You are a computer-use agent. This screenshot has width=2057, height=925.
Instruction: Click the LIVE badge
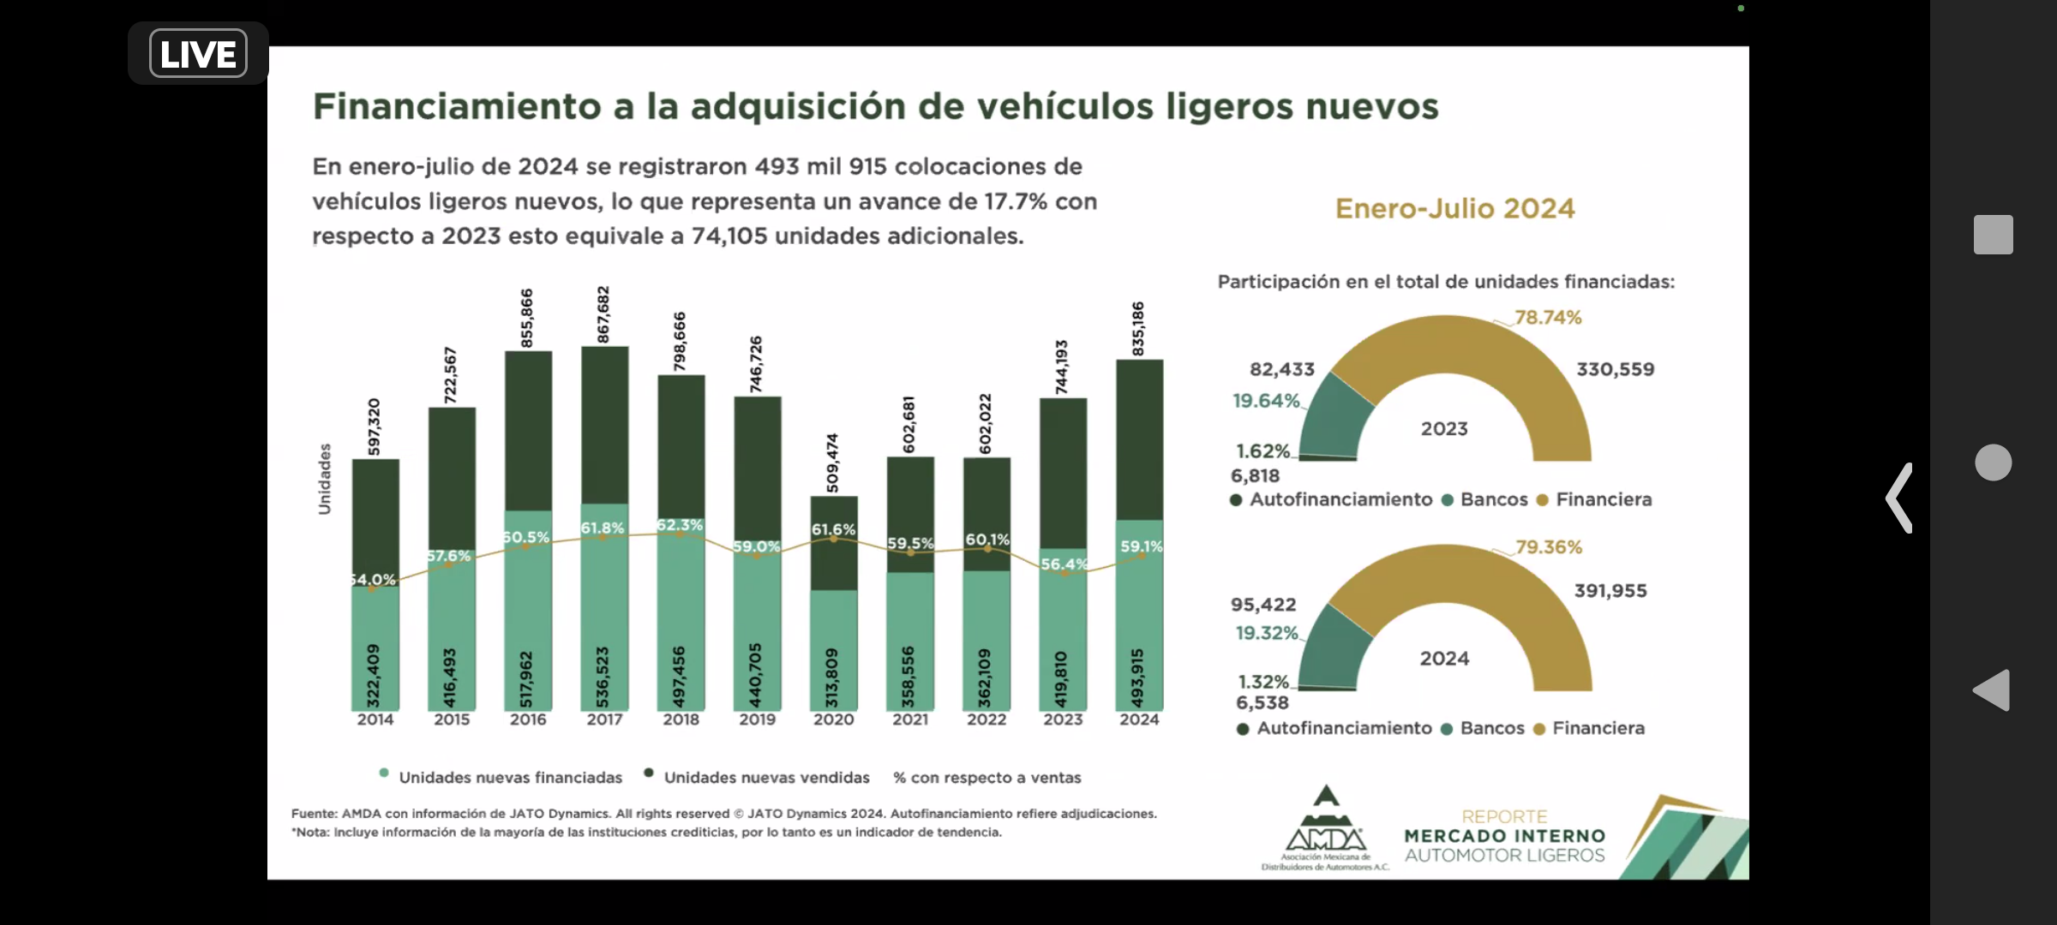pyautogui.click(x=198, y=53)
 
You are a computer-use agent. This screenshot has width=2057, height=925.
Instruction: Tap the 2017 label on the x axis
pyautogui.click(x=604, y=719)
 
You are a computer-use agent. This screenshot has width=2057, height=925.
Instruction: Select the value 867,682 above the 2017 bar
pyautogui.click(x=603, y=314)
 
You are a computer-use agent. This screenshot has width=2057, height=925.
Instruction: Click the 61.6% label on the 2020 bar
pyautogui.click(x=833, y=529)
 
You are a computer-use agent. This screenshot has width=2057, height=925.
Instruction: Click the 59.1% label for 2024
pyautogui.click(x=1141, y=546)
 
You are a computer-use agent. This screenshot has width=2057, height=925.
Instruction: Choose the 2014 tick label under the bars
pyautogui.click(x=375, y=719)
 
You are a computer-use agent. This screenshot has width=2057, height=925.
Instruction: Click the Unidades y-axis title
pyautogui.click(x=325, y=479)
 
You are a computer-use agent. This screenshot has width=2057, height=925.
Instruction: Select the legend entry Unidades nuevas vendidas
pyautogui.click(x=766, y=778)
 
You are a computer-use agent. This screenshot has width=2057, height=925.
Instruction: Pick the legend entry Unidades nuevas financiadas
pyautogui.click(x=510, y=778)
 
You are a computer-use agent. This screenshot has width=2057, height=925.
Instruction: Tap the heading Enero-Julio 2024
pyautogui.click(x=1454, y=209)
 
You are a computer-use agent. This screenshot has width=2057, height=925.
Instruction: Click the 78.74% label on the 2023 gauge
pyautogui.click(x=1548, y=318)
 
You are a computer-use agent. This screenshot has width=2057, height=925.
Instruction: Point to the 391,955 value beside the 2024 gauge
pyautogui.click(x=1610, y=591)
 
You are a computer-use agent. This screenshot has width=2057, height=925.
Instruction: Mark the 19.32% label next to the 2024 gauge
pyautogui.click(x=1267, y=633)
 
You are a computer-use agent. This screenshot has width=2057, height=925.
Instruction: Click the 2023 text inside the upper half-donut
pyautogui.click(x=1444, y=429)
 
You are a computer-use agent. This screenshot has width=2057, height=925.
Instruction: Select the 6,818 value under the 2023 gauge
pyautogui.click(x=1255, y=476)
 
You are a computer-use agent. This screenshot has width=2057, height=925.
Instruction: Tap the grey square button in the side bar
pyautogui.click(x=1993, y=235)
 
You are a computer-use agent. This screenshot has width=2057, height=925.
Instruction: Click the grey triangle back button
pyautogui.click(x=1992, y=689)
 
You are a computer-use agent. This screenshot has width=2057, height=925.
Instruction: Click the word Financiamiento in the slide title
pyautogui.click(x=457, y=107)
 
